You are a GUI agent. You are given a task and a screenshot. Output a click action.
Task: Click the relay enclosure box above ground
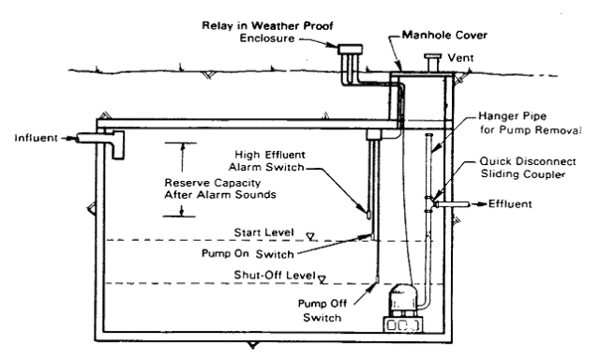coord(350,50)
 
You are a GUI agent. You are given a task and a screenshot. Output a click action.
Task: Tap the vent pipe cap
coord(433,56)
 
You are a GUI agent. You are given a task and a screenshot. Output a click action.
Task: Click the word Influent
coord(36,138)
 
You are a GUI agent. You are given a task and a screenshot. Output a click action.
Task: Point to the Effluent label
coord(510,204)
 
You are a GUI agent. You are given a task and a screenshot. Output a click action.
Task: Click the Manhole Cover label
coord(444,36)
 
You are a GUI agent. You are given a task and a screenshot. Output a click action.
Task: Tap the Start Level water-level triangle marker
coord(310,237)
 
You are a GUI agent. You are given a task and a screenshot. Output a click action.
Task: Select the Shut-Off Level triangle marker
coord(322,279)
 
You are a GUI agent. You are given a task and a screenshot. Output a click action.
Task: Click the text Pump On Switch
coord(247,254)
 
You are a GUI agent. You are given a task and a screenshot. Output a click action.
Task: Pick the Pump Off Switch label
coord(322,310)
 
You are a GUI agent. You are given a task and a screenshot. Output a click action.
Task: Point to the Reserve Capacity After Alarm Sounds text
coord(220,188)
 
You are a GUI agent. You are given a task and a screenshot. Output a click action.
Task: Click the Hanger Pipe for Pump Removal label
coord(531,123)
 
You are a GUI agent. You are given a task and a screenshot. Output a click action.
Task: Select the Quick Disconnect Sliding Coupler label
coord(528,168)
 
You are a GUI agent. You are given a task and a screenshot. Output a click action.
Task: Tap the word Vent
coord(460,58)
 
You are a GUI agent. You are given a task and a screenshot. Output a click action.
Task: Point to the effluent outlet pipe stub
coord(451,204)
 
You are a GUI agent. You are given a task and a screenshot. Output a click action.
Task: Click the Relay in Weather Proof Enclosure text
coord(267,32)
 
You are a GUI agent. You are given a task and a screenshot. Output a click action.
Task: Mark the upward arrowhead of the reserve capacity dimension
coord(183,146)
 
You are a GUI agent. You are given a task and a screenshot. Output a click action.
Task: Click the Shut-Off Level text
coord(275,275)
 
